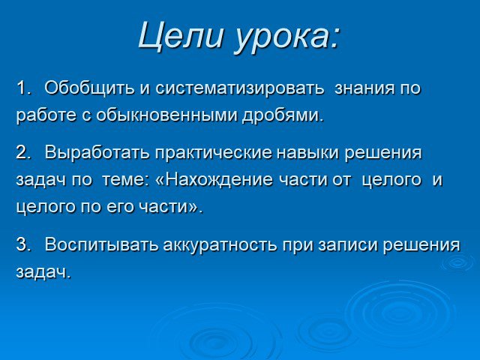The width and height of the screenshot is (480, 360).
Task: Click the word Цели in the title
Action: point(180,36)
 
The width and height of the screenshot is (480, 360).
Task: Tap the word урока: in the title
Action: point(287,37)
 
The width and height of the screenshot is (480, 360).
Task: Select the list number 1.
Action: point(25,88)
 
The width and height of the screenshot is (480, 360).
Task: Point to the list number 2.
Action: point(24,152)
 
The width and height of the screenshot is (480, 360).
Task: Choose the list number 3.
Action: point(24,244)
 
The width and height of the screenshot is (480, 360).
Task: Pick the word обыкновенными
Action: point(167,115)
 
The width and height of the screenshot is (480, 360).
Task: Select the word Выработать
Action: point(97,153)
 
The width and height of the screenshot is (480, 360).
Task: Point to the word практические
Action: point(213,153)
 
